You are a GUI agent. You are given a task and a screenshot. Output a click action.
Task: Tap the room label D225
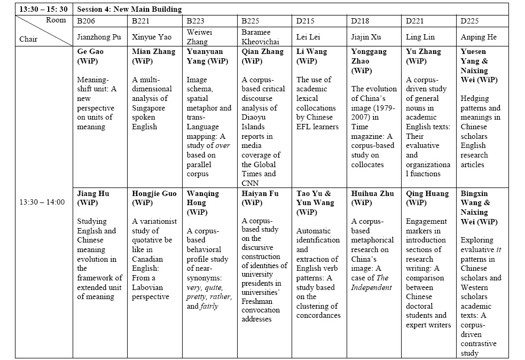pos(470,21)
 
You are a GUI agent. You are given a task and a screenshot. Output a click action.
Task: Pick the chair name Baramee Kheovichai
pos(261,37)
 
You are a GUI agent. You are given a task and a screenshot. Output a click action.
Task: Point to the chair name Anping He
pos(479,37)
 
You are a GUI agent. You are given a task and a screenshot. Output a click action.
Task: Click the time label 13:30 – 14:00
pos(42,202)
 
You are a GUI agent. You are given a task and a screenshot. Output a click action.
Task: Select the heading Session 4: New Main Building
pos(129,9)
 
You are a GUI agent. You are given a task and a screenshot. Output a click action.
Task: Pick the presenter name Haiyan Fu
pos(261,193)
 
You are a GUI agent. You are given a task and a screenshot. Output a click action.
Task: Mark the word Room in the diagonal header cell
pos(56,20)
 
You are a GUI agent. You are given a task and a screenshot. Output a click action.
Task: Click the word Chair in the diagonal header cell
pos(29,39)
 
